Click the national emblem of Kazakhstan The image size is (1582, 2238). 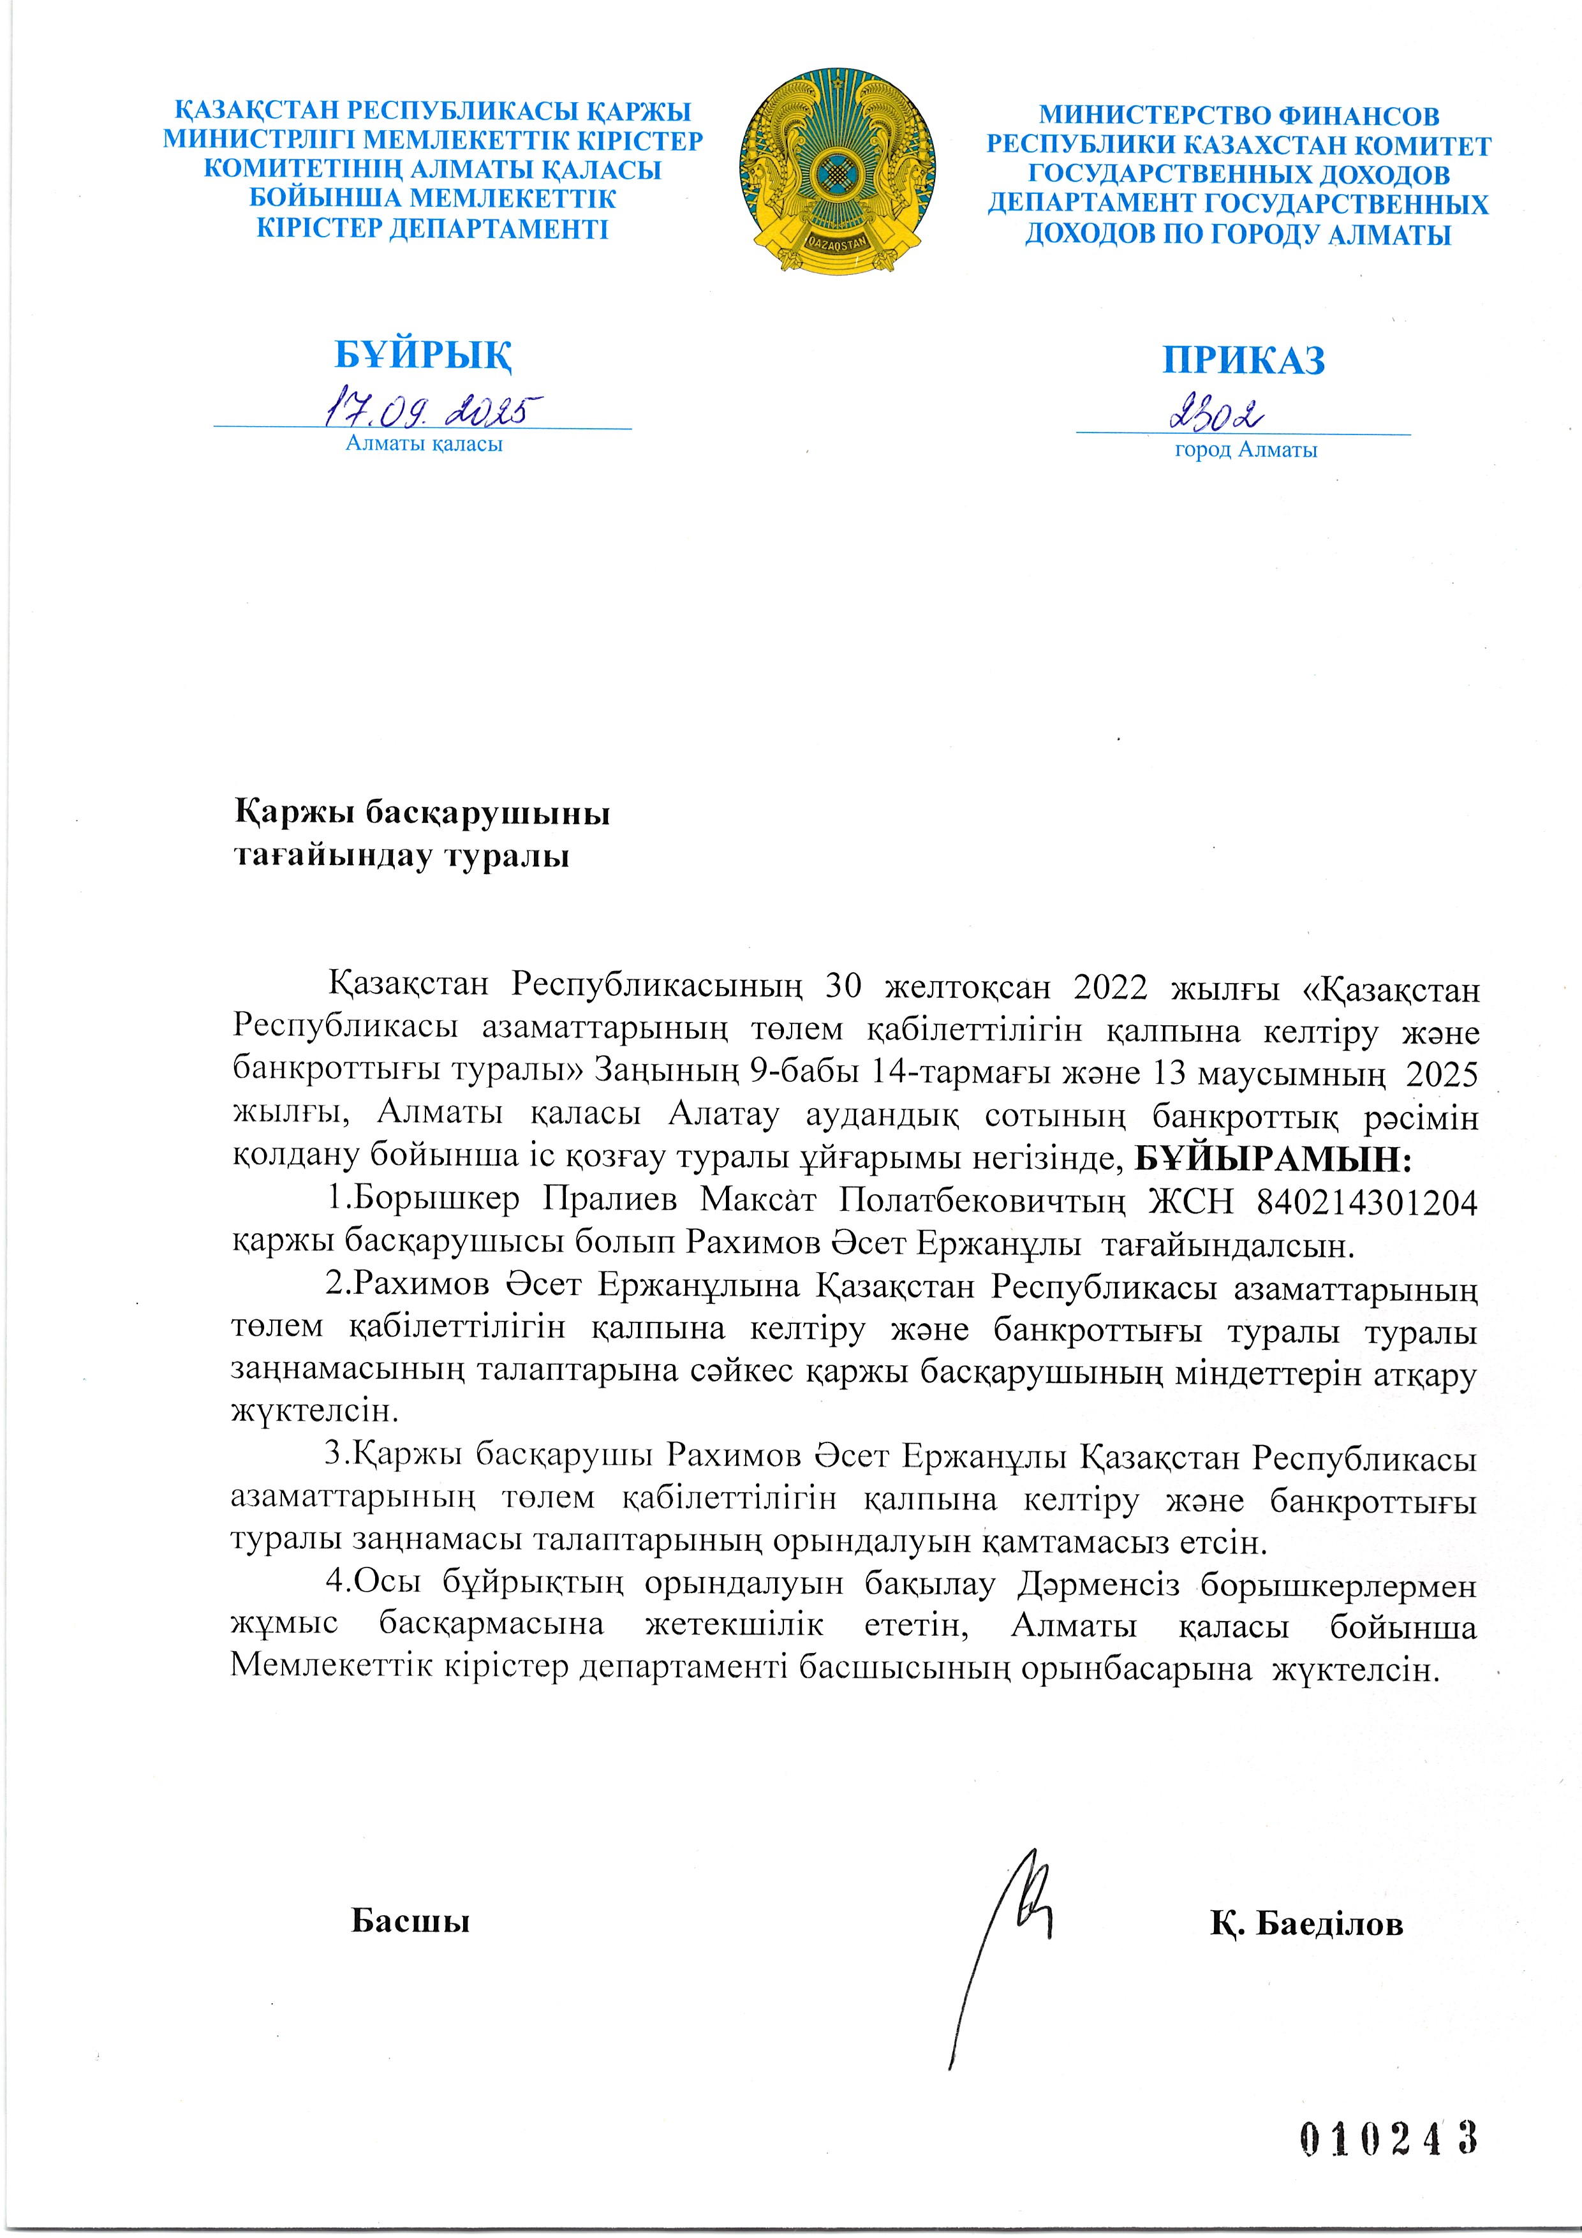pos(838,170)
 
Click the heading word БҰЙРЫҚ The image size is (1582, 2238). pos(423,355)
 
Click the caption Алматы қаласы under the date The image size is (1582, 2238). pos(424,445)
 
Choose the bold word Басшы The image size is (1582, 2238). pos(410,1920)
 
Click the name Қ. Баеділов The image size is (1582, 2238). pos(1306,1923)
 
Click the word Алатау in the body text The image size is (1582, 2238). pos(723,1114)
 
